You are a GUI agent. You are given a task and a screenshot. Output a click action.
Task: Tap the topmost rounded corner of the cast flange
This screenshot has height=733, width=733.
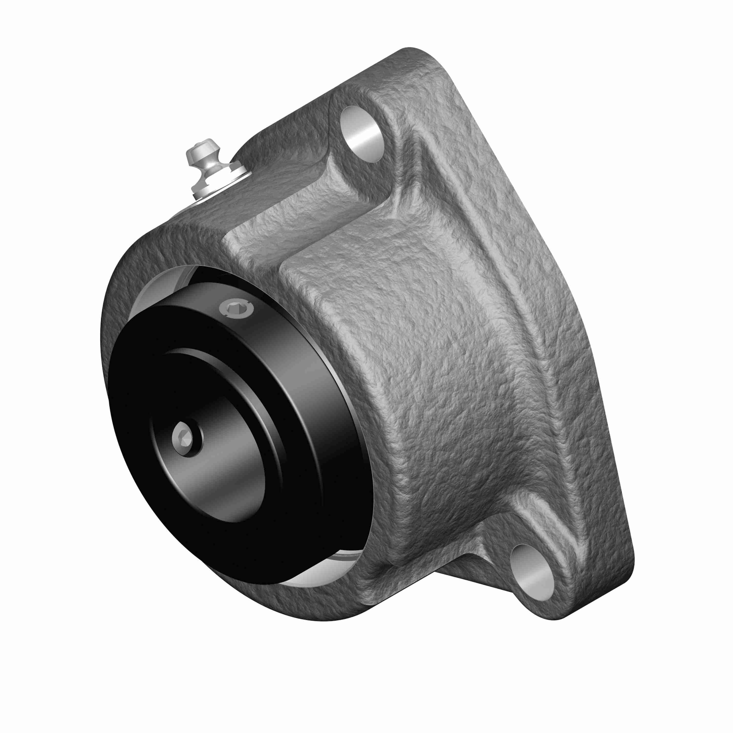(410, 53)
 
